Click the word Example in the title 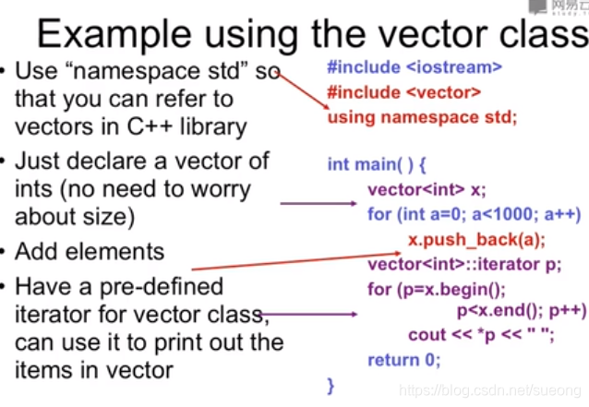pos(114,35)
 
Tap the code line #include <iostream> pos(415,67)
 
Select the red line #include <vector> pos(404,92)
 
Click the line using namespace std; pos(423,117)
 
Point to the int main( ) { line pos(377,164)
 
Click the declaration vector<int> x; pos(427,189)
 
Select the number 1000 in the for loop pos(511,214)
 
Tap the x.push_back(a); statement pos(476,240)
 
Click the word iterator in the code pos(509,264)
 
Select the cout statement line pos(481,335)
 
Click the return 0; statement pos(403,360)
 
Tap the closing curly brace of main pos(331,386)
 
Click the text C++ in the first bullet pos(150,127)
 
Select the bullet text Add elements pos(90,251)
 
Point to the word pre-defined pos(162,287)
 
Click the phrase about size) pos(75,217)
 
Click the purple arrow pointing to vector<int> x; pos(319,203)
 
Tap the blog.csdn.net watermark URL pos(490,390)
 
